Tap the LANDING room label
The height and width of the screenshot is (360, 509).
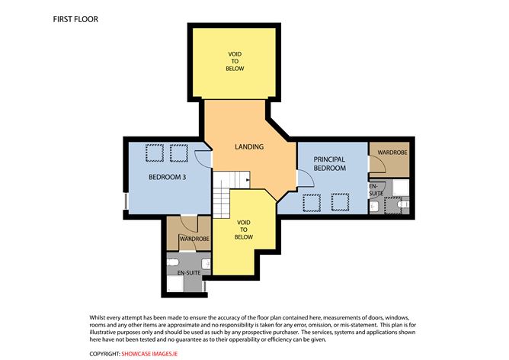pyautogui.click(x=248, y=146)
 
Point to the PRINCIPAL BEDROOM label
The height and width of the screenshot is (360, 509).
pyautogui.click(x=330, y=163)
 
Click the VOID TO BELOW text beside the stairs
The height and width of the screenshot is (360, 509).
pyautogui.click(x=243, y=230)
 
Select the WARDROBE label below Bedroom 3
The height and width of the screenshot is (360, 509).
pyautogui.click(x=194, y=239)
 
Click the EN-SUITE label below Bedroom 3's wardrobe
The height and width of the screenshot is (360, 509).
pyautogui.click(x=190, y=272)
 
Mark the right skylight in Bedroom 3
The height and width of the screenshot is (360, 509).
pyautogui.click(x=180, y=154)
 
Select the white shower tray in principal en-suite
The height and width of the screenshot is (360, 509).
pyautogui.click(x=403, y=187)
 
